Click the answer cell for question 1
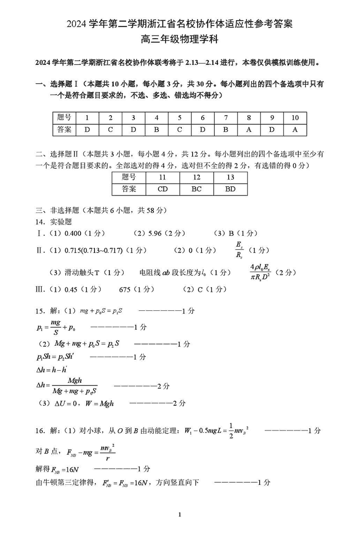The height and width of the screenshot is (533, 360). coord(87,130)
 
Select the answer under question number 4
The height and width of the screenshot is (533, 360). coord(157,130)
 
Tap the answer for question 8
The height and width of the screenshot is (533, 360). coord(249,130)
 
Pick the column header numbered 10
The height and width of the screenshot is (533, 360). coord(295,118)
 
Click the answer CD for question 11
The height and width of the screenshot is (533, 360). coord(162,189)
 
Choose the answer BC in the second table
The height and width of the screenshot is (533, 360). coord(196,189)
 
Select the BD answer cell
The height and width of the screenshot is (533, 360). coord(230,189)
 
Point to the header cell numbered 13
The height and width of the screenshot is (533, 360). coord(230,177)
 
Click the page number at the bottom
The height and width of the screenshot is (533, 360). coord(180,515)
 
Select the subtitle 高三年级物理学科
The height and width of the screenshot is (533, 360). coord(180,39)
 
